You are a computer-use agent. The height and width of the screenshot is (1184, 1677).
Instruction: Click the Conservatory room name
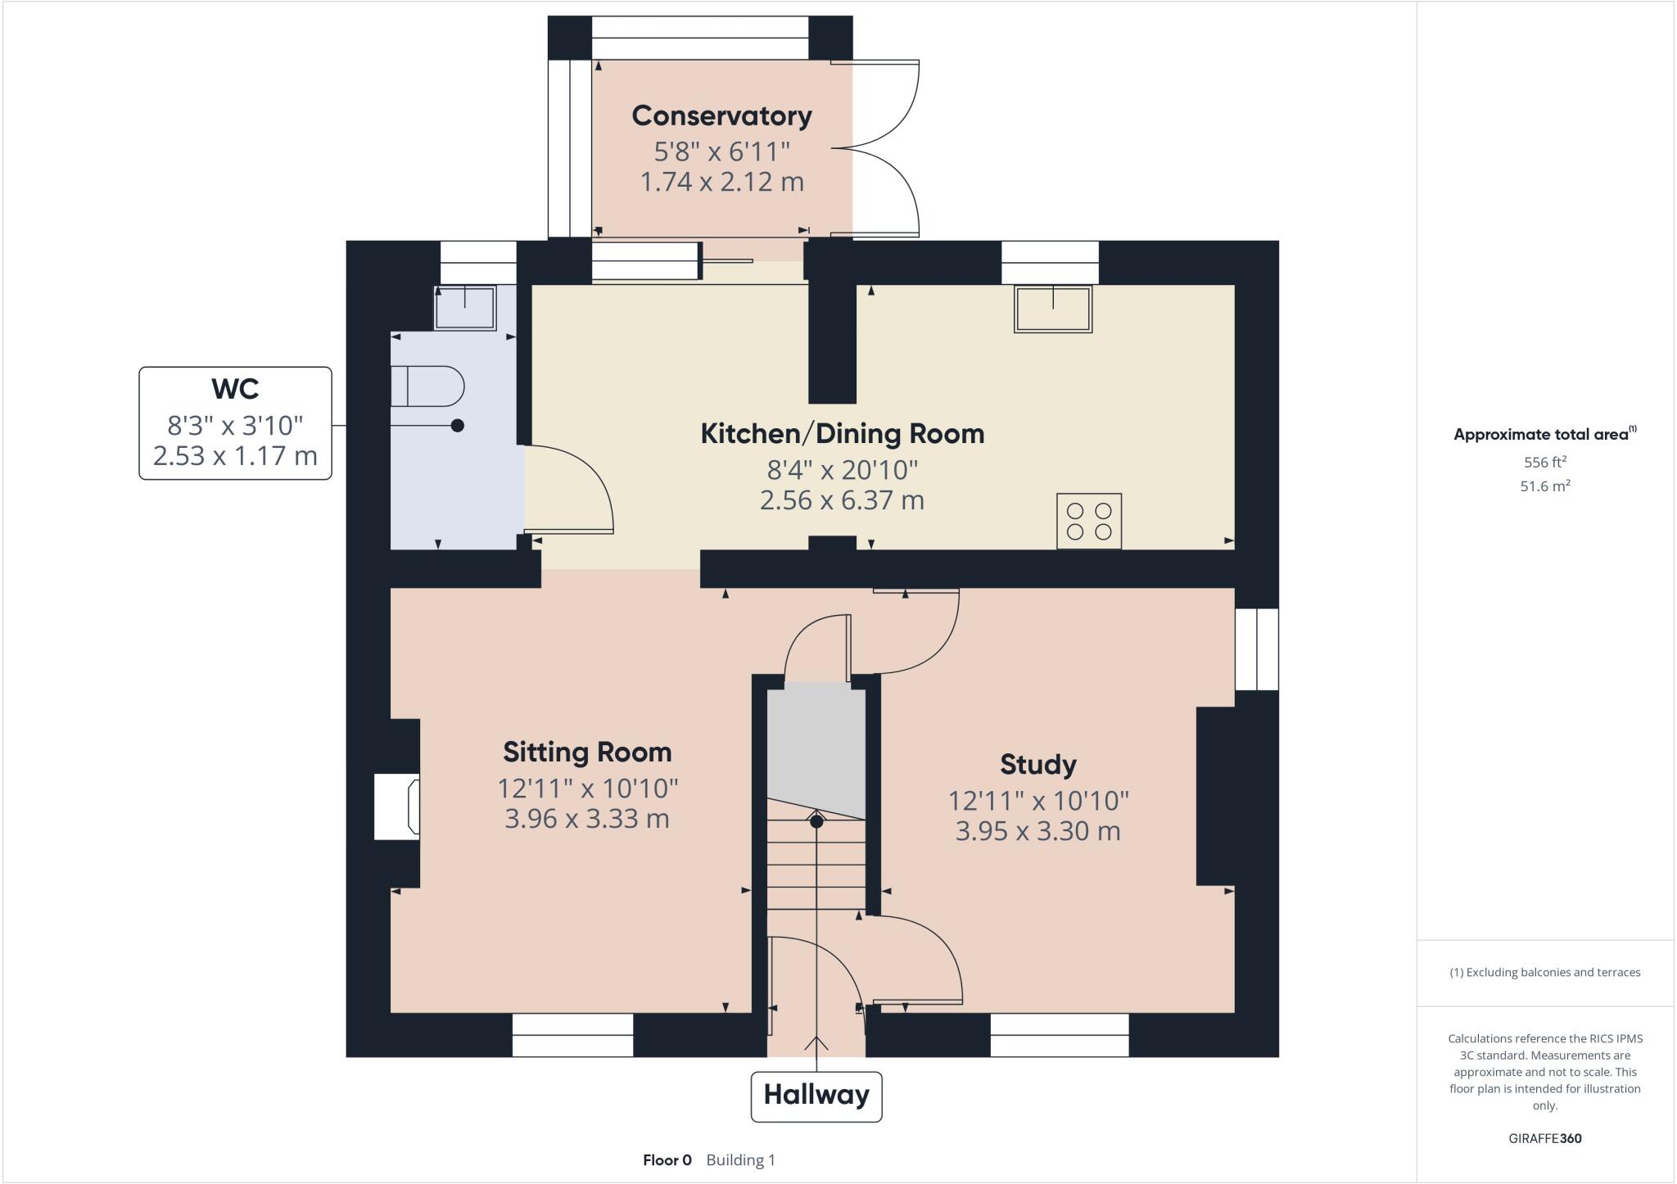click(x=721, y=116)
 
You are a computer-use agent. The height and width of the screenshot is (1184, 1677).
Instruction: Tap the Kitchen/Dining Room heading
click(x=842, y=433)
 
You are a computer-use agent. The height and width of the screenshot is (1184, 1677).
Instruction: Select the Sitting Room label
click(x=587, y=752)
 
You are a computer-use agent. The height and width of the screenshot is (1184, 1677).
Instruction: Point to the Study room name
click(x=1037, y=765)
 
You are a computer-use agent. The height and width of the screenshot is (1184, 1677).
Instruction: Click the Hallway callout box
click(x=816, y=1096)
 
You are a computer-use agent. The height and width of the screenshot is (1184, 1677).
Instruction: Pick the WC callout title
click(x=235, y=388)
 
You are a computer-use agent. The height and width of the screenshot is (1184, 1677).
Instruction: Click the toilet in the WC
click(x=428, y=386)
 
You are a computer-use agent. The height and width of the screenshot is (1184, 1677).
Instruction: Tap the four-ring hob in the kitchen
click(x=1088, y=521)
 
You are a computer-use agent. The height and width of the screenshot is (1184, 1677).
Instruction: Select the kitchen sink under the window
click(x=1052, y=309)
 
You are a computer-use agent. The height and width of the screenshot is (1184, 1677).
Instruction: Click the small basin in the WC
click(x=465, y=307)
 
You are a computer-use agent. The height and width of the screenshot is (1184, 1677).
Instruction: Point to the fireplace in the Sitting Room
click(x=398, y=807)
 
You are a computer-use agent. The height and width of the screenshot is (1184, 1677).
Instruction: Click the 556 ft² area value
click(x=1544, y=462)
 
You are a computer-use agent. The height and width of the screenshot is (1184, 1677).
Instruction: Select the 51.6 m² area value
click(x=1544, y=486)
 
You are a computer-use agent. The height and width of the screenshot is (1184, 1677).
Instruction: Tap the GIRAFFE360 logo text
click(x=1544, y=1138)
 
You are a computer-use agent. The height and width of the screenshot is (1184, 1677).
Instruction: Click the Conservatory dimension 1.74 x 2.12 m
click(x=721, y=182)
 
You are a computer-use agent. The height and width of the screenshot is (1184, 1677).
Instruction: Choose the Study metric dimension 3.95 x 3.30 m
click(x=1037, y=831)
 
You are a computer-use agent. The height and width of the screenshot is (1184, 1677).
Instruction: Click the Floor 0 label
click(x=667, y=1159)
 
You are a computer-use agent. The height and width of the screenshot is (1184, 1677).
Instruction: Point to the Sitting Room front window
click(x=572, y=1035)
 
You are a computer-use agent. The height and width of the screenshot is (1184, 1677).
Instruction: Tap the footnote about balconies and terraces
click(x=1544, y=973)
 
